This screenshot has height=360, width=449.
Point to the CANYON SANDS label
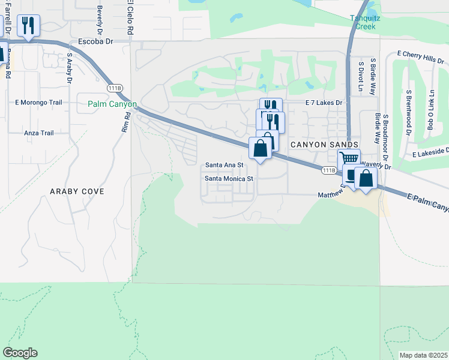tap(325, 145)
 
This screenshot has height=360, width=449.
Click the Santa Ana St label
tap(224, 164)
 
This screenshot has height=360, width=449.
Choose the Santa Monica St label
tap(229, 178)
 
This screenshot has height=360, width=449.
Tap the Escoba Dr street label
tap(95, 42)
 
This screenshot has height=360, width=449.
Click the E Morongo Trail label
tap(38, 102)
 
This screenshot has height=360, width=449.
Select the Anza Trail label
tap(38, 133)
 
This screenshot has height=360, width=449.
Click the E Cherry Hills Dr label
tap(420, 57)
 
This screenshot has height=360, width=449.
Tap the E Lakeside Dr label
tap(430, 154)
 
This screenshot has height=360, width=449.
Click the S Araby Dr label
tap(70, 68)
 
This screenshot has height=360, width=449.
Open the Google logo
tap(20, 353)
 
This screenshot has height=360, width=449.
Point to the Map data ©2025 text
tap(423, 355)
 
